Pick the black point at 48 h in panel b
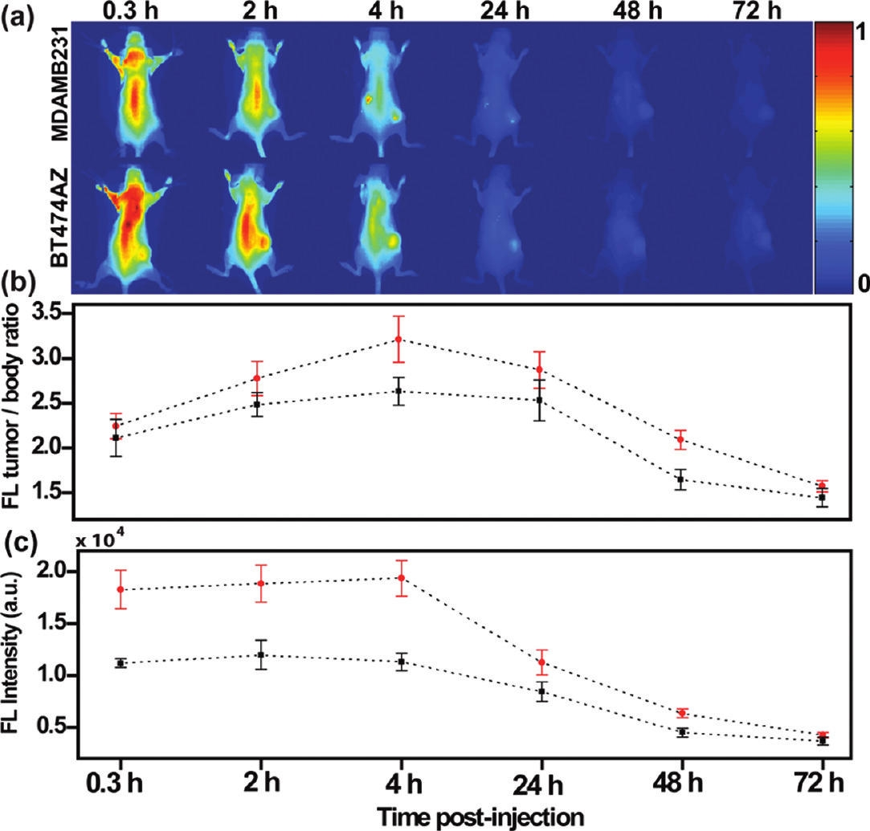pyautogui.click(x=680, y=479)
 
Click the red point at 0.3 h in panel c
pyautogui.click(x=120, y=589)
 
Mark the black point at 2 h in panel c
pyautogui.click(x=260, y=654)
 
